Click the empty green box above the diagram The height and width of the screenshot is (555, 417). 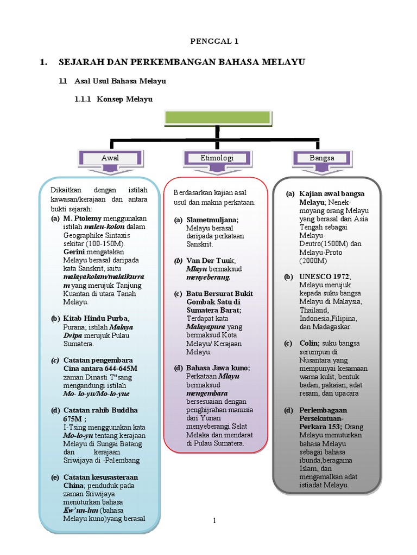[x=216, y=118]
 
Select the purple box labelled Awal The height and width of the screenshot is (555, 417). [x=110, y=158]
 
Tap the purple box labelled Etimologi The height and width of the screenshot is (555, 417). [x=216, y=158]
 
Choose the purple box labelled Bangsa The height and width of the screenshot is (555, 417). [x=322, y=158]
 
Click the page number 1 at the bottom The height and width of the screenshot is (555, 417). [x=214, y=521]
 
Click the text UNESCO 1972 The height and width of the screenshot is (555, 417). [x=325, y=276]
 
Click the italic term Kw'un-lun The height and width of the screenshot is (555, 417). [x=81, y=510]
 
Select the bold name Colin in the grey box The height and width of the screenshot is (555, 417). [x=309, y=343]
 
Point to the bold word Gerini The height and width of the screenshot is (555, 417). [x=75, y=252]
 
